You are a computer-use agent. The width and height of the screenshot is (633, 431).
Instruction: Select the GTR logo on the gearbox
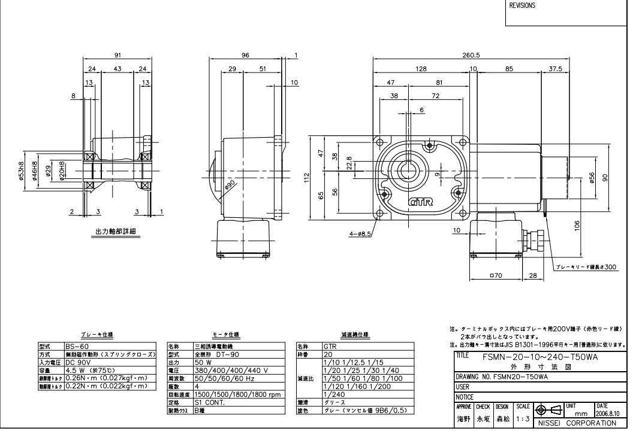(x=419, y=203)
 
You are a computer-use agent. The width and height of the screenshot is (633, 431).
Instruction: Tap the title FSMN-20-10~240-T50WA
(x=539, y=355)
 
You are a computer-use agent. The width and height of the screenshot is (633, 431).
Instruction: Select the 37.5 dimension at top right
(x=556, y=69)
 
